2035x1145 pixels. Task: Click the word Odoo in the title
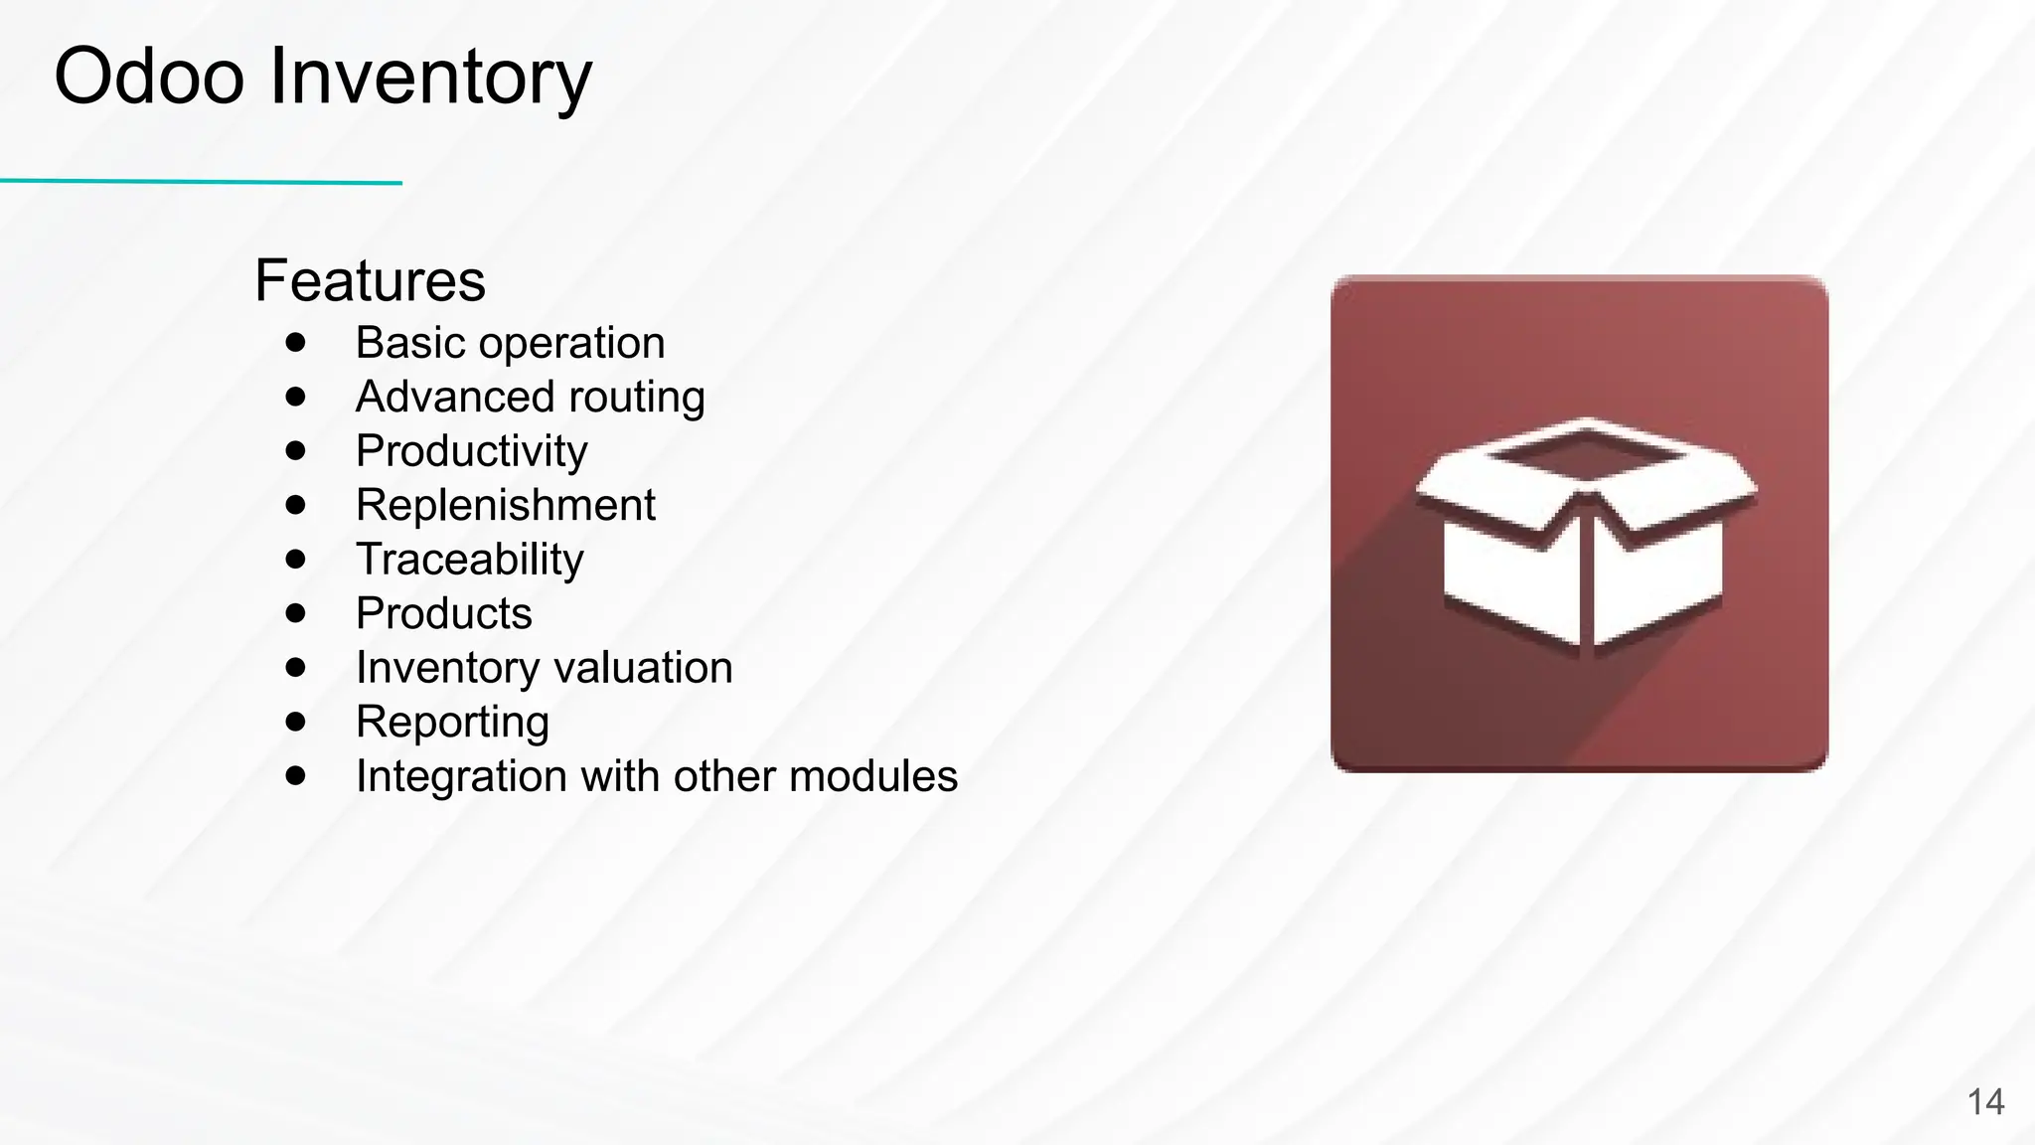point(149,77)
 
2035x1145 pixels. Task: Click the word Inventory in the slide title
point(430,79)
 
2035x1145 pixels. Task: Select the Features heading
point(370,280)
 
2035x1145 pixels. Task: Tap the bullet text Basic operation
point(510,343)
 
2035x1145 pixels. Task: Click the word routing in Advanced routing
point(637,398)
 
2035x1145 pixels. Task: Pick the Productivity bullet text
point(471,451)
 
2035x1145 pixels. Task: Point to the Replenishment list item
point(505,505)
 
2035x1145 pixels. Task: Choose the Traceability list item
point(469,560)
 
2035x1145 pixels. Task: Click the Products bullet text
point(443,613)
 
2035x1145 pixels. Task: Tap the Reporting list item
point(452,723)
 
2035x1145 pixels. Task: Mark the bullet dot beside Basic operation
point(295,343)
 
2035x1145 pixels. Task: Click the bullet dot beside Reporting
point(295,722)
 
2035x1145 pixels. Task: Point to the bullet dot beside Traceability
point(295,559)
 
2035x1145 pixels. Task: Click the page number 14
point(1985,1102)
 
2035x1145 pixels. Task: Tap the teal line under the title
point(199,182)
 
